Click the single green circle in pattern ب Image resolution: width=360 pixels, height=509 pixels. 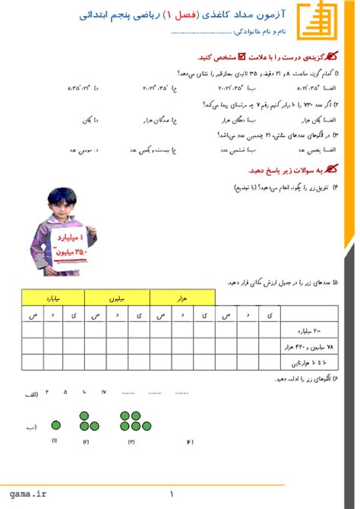(55, 425)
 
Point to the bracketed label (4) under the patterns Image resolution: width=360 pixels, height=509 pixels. (190, 441)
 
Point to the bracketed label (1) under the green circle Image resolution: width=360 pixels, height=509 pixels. (55, 441)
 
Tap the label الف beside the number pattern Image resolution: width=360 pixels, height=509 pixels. (31, 394)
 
